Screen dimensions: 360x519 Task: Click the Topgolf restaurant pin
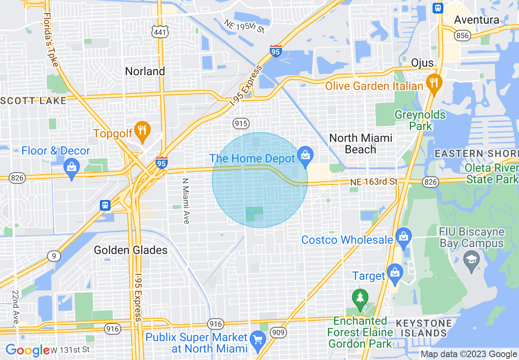coord(142,130)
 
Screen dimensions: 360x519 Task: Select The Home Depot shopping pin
coord(305,156)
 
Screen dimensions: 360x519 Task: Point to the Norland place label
coord(145,71)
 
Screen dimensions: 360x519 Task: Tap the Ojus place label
coord(422,63)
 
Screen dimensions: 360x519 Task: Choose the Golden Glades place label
coord(131,250)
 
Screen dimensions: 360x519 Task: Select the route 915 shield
coord(241,123)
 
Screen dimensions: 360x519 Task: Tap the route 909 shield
coord(278,332)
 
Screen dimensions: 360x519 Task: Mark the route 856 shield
coord(463,36)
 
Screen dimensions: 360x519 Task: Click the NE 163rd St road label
coord(374,182)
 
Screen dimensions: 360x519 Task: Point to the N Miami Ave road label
coord(186,201)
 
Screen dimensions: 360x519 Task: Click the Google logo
coord(27,350)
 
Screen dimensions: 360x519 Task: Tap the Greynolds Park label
coord(420,120)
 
